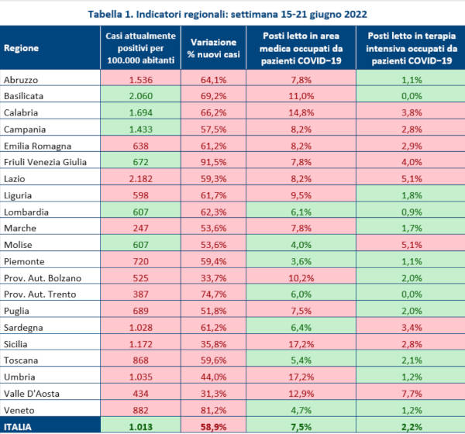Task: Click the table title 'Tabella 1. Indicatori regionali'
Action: pyautogui.click(x=232, y=13)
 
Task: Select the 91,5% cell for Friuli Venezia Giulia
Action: pyautogui.click(x=212, y=161)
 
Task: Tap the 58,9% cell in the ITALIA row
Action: pyautogui.click(x=212, y=425)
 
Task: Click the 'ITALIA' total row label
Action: pyautogui.click(x=22, y=425)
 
